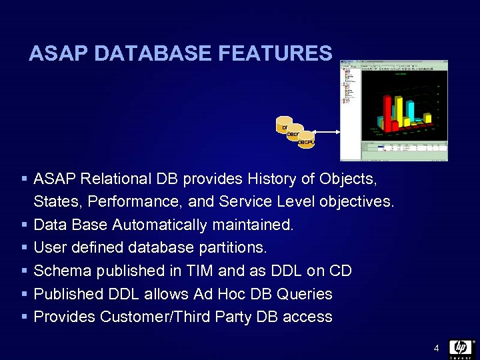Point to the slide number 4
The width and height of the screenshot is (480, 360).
[x=436, y=348]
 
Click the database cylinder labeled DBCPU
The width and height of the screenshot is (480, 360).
[x=306, y=142]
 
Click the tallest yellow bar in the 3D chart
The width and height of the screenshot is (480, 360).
[x=398, y=110]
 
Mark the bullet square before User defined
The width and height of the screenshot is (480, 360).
[x=24, y=248]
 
